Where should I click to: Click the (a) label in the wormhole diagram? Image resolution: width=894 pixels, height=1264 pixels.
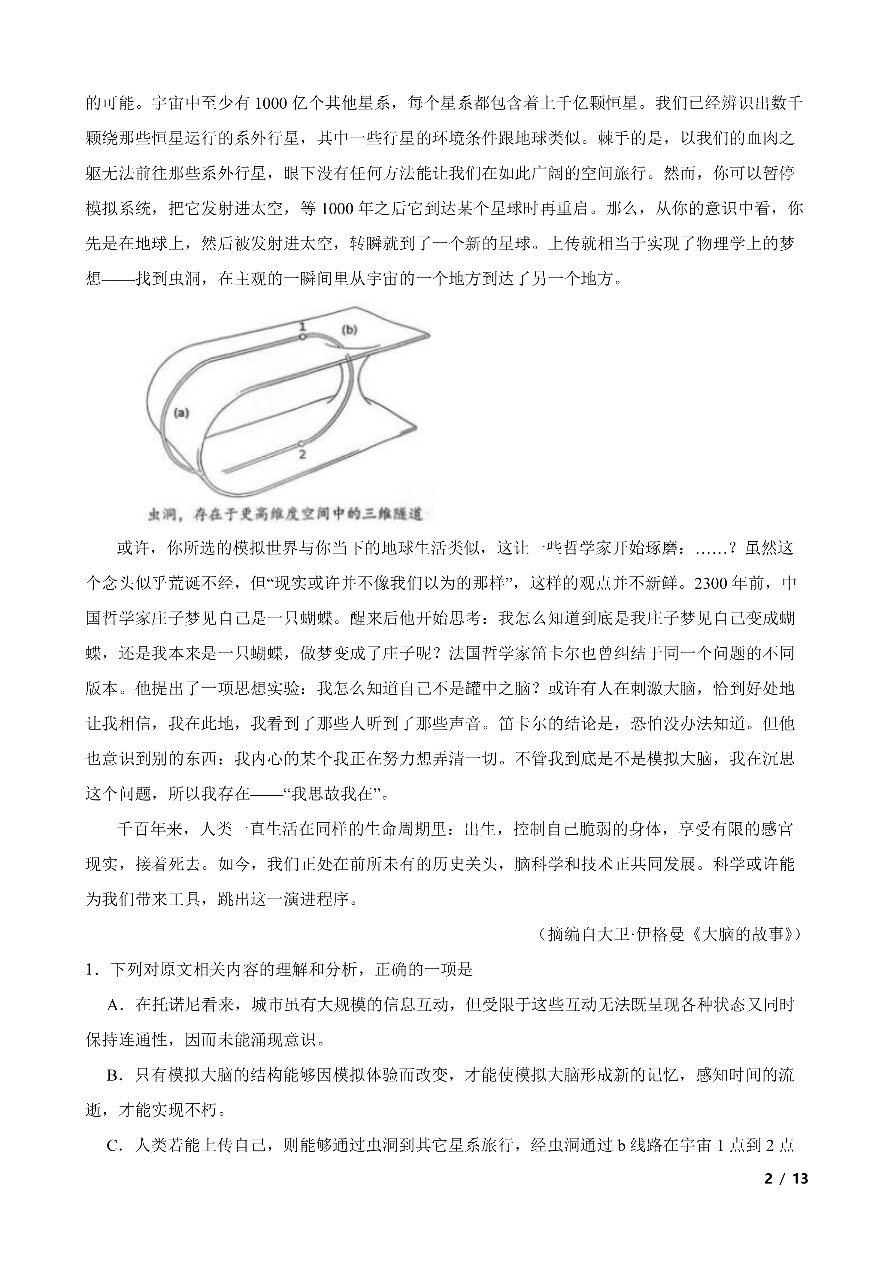pos(181,413)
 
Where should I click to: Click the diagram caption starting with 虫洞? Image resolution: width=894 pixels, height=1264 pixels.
pos(285,515)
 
